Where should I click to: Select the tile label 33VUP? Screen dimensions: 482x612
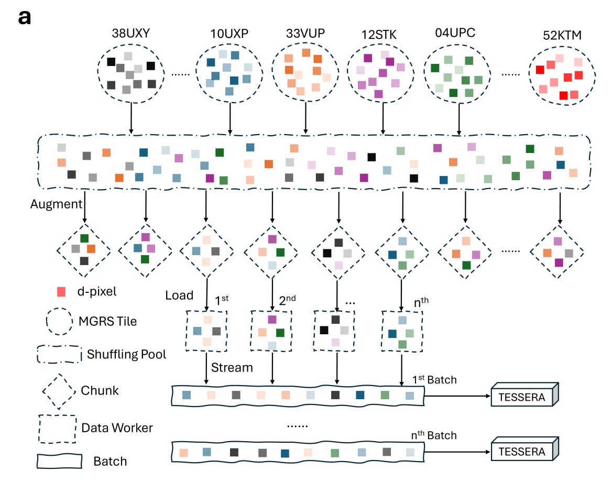tap(305, 32)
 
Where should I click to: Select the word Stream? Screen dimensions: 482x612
tap(232, 367)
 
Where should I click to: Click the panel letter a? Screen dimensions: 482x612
tap(25, 17)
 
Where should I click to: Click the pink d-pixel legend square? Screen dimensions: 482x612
tap(61, 291)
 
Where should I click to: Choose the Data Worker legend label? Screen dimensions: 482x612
tap(117, 428)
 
